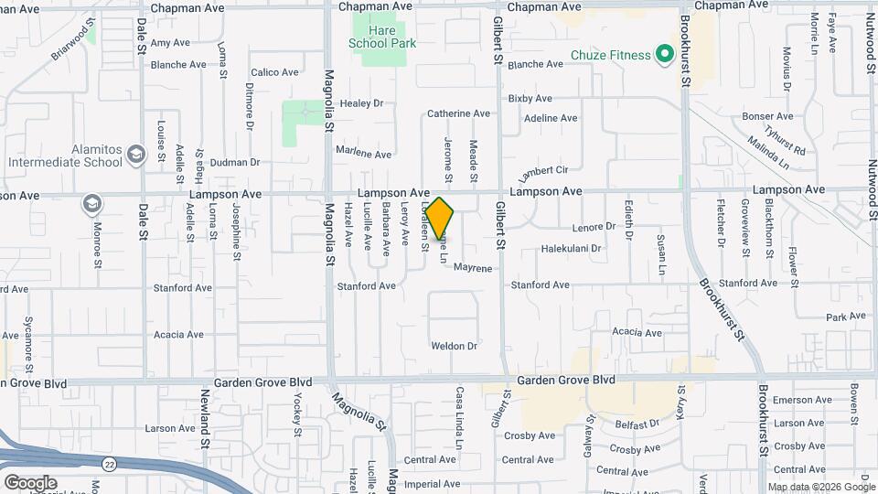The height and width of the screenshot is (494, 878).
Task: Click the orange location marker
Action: point(440,219)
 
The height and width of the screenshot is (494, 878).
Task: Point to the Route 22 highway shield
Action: point(108,464)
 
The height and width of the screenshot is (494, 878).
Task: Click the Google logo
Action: point(30,483)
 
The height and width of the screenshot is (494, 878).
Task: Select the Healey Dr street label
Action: point(360,103)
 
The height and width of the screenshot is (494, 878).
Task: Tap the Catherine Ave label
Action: point(458,114)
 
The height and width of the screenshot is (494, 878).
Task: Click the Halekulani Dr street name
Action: point(571,248)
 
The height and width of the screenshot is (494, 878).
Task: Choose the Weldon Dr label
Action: point(455,346)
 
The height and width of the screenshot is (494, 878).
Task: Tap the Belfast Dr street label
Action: point(637,424)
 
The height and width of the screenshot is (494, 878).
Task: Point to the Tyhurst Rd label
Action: point(786,139)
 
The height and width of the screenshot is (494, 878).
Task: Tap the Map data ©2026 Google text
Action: point(819,487)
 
